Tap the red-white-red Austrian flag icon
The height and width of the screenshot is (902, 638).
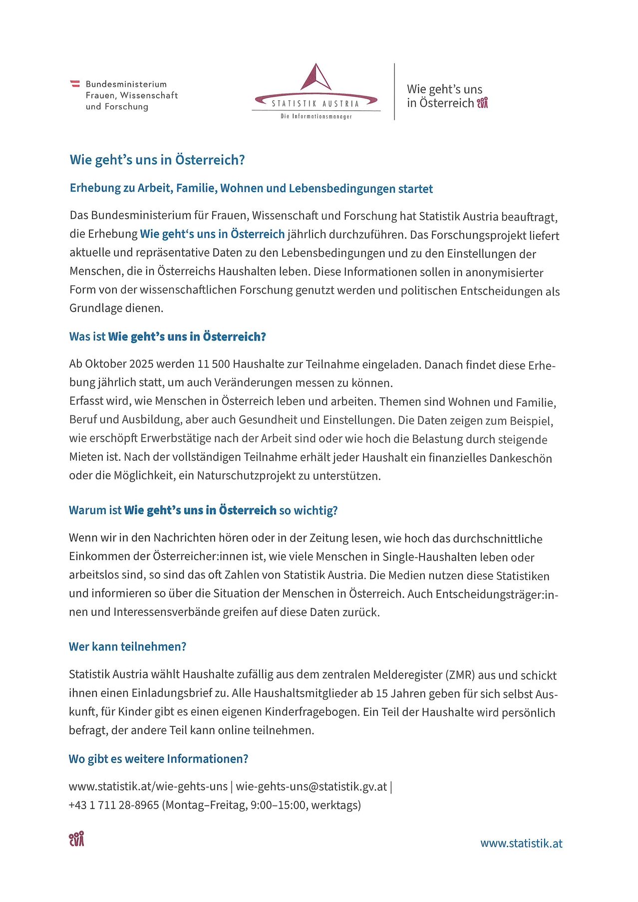pos(75,84)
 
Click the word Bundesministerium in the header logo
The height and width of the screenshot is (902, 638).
pos(126,84)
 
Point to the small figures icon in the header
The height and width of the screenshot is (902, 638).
pos(482,103)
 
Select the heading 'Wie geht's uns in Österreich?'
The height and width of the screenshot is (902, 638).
pos(157,160)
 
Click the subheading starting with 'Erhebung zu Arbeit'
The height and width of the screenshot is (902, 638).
pos(251,189)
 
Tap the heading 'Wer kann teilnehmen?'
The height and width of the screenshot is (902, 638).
pos(127,646)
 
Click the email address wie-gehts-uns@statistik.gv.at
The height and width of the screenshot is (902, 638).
pos(311,787)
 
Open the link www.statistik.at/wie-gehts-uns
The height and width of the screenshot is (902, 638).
pos(148,787)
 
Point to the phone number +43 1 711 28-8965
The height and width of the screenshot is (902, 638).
pos(114,805)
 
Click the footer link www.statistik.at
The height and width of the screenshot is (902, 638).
pos(521,843)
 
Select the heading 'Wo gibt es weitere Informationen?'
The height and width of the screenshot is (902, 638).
pos(158,759)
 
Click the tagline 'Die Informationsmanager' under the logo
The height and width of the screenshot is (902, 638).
pos(316,116)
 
